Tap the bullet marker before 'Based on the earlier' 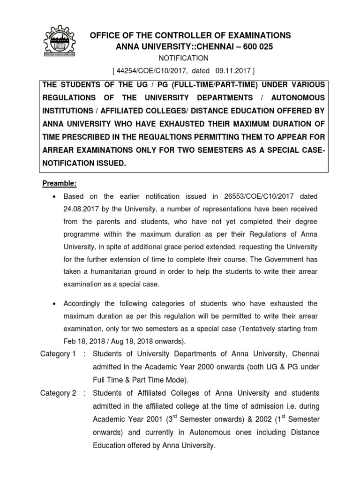click(x=56, y=196)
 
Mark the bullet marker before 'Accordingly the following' click(x=56, y=304)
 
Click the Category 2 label click(x=58, y=393)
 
